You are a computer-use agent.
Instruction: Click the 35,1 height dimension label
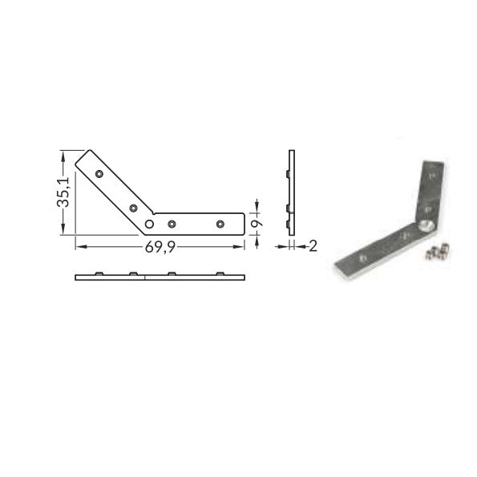point(63,192)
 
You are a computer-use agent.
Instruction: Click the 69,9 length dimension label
point(160,247)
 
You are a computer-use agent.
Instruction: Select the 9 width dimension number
point(257,224)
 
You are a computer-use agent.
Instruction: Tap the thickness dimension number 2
point(313,246)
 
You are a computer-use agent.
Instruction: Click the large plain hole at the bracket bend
point(149,224)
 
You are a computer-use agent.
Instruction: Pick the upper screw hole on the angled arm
point(99,174)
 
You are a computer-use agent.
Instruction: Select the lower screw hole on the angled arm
point(133,208)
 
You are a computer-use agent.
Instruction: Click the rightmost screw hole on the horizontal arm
point(220,224)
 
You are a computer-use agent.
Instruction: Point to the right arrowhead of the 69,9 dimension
point(240,247)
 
